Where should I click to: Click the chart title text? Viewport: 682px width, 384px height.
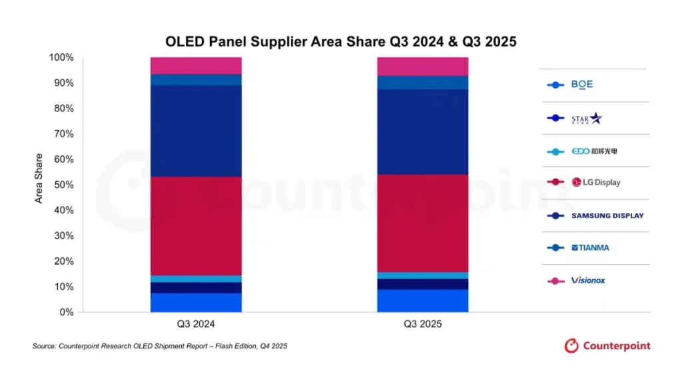tap(341, 41)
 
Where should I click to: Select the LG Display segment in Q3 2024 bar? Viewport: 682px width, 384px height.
tap(196, 225)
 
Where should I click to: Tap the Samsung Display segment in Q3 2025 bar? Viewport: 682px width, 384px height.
tap(422, 131)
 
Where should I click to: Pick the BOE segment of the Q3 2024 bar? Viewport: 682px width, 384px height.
tap(196, 303)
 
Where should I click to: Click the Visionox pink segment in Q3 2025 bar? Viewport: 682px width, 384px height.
tap(422, 67)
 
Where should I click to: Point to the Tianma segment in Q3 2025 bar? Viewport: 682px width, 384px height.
tap(422, 83)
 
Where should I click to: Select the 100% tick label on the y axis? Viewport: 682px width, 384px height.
tap(61, 57)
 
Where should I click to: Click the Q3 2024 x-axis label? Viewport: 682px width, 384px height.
tap(196, 325)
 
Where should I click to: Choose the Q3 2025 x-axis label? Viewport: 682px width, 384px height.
tap(422, 325)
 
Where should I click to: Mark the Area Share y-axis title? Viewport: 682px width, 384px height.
tap(39, 178)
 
